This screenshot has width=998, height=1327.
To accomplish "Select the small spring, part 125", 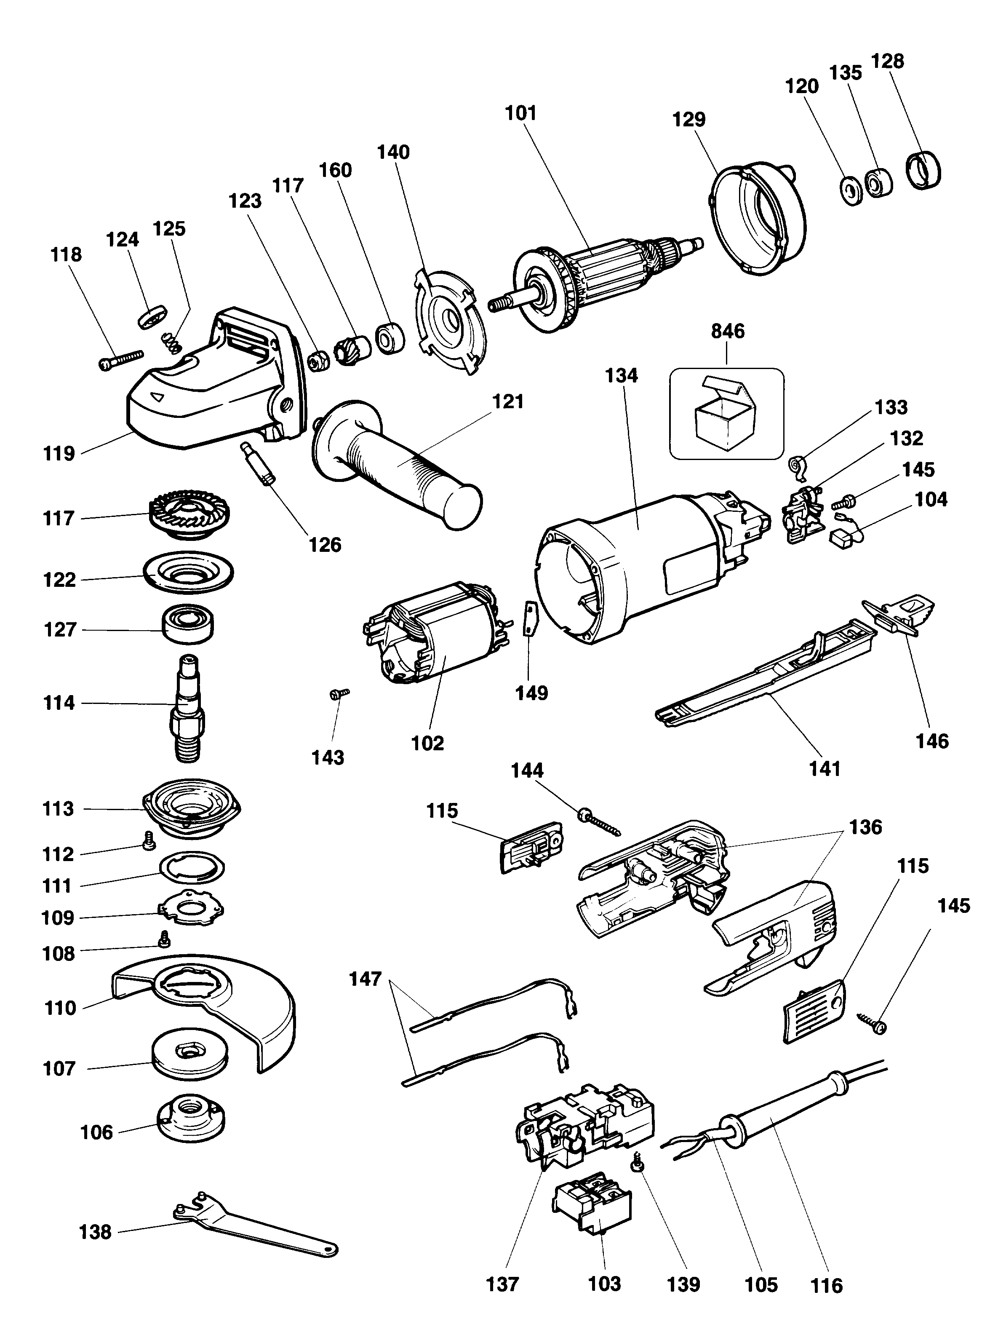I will (x=171, y=344).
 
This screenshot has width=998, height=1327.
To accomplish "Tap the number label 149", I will (x=531, y=693).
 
